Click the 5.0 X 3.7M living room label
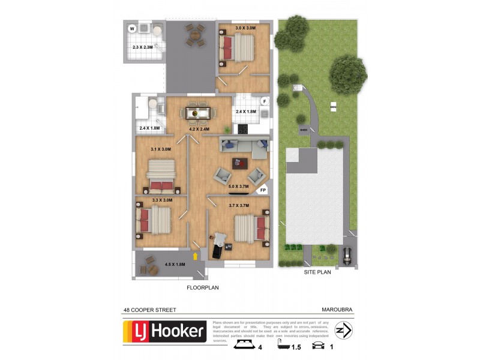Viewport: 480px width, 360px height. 239,187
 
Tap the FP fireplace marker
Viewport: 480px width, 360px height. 262,191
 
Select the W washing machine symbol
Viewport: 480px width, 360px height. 132,28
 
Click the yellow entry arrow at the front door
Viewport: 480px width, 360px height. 195,256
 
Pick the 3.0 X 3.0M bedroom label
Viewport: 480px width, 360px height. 245,28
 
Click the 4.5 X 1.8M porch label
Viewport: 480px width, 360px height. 175,264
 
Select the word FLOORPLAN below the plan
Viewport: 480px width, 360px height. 202,287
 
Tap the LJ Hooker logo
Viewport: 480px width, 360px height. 165,331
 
